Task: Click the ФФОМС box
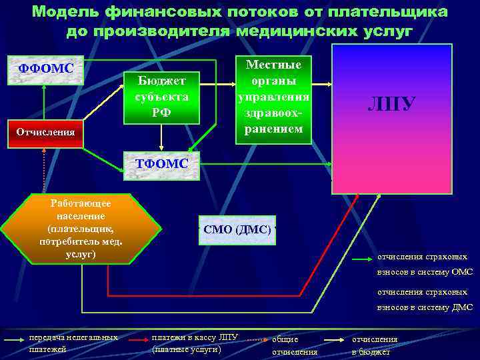click(x=45, y=69)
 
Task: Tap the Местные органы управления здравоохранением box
click(x=273, y=97)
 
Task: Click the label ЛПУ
click(x=392, y=104)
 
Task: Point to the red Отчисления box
click(x=45, y=132)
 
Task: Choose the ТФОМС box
click(x=162, y=165)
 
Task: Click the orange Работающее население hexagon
click(x=81, y=228)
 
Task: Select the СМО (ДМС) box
click(x=237, y=230)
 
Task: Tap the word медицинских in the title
click(x=313, y=31)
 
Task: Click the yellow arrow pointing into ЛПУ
click(x=324, y=85)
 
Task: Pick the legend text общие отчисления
click(x=294, y=345)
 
